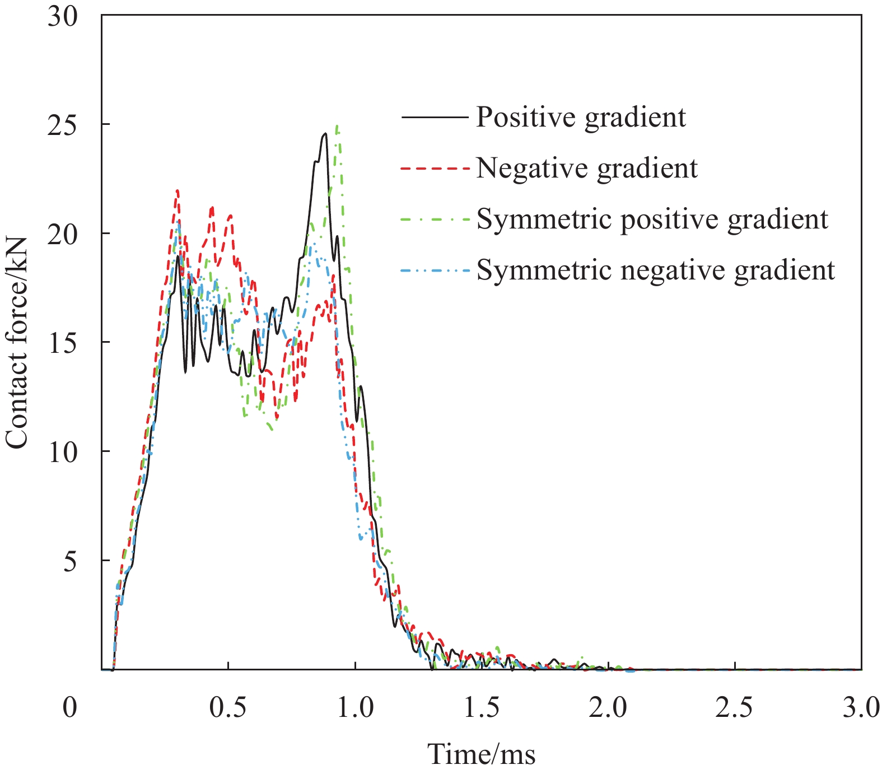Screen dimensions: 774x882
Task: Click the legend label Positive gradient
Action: pyautogui.click(x=581, y=118)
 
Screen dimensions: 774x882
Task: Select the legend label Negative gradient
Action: pyautogui.click(x=587, y=168)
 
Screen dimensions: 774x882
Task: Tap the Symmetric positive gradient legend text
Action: pyautogui.click(x=652, y=219)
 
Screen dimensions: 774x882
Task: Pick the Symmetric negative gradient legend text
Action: pyautogui.click(x=655, y=271)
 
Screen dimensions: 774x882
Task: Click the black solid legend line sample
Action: pyautogui.click(x=435, y=118)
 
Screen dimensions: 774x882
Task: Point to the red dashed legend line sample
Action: pyautogui.click(x=435, y=168)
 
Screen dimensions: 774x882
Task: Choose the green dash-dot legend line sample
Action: pyautogui.click(x=435, y=220)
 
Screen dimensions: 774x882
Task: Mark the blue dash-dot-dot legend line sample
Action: pyautogui.click(x=435, y=271)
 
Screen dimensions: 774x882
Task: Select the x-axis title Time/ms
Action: pyautogui.click(x=482, y=754)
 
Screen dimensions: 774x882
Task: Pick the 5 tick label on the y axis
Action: pyautogui.click(x=70, y=561)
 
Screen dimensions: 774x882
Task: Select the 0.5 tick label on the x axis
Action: pyautogui.click(x=228, y=708)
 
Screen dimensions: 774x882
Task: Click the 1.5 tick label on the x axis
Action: pyautogui.click(x=482, y=708)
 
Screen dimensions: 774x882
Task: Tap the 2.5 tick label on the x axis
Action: pyautogui.click(x=735, y=708)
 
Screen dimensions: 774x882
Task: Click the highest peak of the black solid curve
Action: pyautogui.click(x=325, y=134)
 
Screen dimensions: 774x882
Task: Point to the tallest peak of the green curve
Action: pyautogui.click(x=337, y=127)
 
